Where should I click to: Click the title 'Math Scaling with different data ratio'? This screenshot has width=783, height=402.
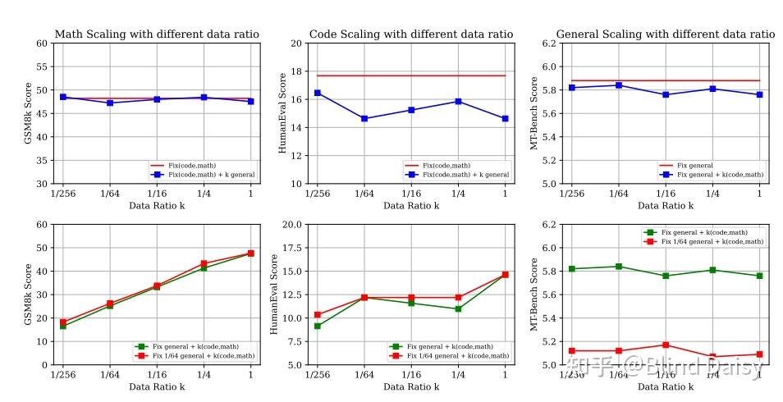point(157,34)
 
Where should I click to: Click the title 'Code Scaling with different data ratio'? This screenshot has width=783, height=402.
point(411,34)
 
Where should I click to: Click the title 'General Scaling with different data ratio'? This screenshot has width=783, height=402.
point(665,34)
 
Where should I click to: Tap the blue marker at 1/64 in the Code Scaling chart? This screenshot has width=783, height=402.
point(364,118)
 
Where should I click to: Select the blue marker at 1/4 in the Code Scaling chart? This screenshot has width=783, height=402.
point(458,102)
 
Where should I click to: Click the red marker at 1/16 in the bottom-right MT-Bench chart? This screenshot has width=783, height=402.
point(666,345)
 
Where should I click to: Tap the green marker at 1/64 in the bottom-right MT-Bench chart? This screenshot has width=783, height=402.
point(619,267)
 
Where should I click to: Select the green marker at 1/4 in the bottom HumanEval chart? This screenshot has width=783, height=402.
point(458,308)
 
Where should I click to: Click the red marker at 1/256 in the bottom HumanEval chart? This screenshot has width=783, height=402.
point(318,314)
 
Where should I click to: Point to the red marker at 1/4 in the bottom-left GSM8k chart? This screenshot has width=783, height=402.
point(204,263)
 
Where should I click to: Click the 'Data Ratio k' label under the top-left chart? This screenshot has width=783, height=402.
point(157,205)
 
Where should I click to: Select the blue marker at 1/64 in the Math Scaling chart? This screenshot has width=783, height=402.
point(110,103)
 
